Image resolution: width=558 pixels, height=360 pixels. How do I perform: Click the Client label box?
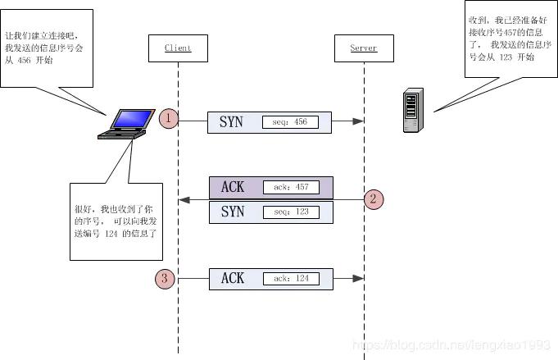pyautogui.click(x=178, y=48)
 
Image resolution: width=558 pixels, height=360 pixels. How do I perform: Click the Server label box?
pyautogui.click(x=364, y=48)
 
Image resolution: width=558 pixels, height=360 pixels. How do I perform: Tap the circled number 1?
pyautogui.click(x=168, y=118)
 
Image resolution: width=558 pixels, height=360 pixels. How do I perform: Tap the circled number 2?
pyautogui.click(x=373, y=198)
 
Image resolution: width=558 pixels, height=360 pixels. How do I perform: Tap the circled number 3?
pyautogui.click(x=165, y=279)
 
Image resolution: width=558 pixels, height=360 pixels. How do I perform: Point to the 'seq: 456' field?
pyautogui.click(x=290, y=122)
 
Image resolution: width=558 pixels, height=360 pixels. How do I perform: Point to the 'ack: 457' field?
pyautogui.click(x=290, y=187)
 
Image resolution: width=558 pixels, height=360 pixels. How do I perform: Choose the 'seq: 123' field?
pyautogui.click(x=290, y=212)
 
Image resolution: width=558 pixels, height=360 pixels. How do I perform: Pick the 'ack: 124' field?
pyautogui.click(x=290, y=279)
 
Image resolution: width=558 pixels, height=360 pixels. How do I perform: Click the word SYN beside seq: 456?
pyautogui.click(x=232, y=122)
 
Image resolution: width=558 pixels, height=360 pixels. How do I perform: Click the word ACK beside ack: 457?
pyautogui.click(x=233, y=187)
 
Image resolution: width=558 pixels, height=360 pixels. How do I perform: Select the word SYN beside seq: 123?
pyautogui.click(x=233, y=212)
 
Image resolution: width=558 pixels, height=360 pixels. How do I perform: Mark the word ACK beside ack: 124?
pyautogui.click(x=233, y=279)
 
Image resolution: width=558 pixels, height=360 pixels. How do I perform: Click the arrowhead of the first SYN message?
pyautogui.click(x=358, y=121)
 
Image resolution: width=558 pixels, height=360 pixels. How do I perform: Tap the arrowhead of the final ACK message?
pyautogui.click(x=358, y=279)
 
